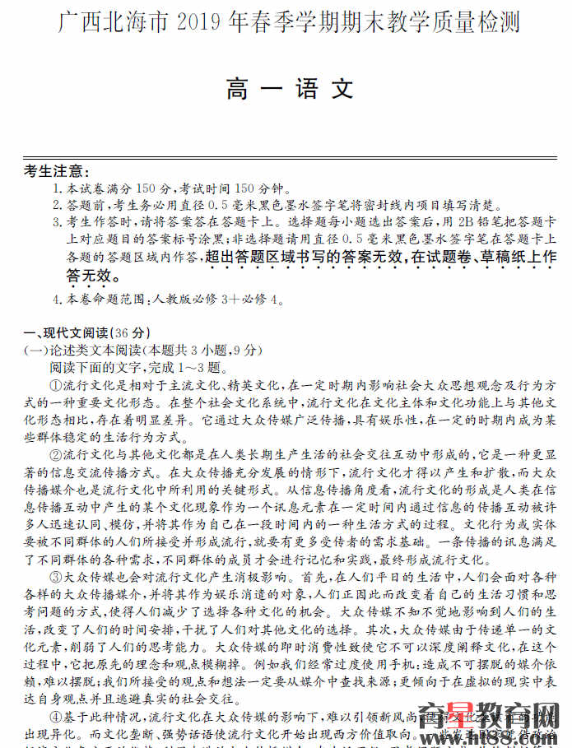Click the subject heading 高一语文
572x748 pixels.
[290, 90]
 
